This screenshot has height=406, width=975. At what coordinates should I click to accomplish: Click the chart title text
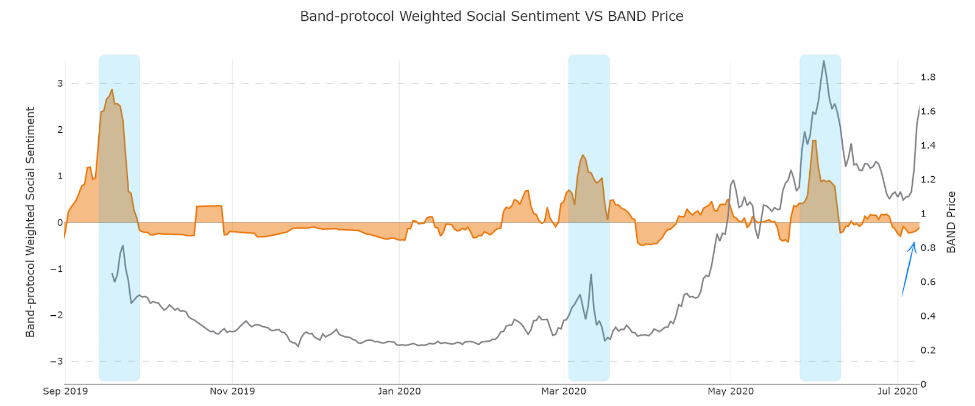pos(491,16)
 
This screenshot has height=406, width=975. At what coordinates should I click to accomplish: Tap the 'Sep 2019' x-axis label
pos(65,391)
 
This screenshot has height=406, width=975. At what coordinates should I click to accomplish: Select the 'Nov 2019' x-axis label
pos(232,391)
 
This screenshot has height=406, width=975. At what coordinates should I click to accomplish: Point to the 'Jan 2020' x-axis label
pos(399,391)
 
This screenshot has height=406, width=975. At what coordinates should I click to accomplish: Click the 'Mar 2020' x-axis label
pos(564,391)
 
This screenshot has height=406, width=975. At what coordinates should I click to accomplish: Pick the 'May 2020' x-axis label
pos(731,391)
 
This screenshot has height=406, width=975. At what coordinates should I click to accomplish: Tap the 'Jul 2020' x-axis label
pos(897,391)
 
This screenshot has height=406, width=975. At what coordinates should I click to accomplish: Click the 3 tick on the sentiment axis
pos(60,84)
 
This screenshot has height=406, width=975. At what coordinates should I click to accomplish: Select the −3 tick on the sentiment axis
pos(57,361)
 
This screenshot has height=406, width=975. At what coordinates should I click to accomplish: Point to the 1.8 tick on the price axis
pos(928,77)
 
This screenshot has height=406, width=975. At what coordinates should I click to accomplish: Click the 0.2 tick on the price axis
pos(928,351)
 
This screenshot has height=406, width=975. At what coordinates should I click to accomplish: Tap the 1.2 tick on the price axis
pos(928,180)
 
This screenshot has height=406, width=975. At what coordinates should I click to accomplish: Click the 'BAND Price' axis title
pos(951,222)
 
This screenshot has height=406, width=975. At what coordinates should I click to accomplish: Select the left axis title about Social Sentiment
pos(30,222)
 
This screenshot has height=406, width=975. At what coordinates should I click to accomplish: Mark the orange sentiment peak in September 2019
pos(112,90)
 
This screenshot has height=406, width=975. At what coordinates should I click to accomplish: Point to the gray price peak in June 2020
pos(824,62)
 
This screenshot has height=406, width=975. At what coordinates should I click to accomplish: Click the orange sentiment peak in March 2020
pos(583,155)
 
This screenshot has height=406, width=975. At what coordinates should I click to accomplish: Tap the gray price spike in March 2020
pos(590,275)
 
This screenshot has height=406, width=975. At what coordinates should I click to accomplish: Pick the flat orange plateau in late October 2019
pos(208,206)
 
